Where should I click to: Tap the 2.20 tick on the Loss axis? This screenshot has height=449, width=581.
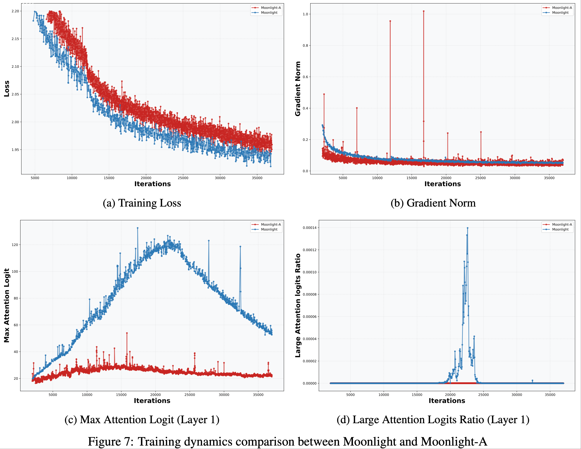(15, 11)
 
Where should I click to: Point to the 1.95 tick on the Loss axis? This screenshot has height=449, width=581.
(15, 150)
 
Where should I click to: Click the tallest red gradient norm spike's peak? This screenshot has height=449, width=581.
(423, 11)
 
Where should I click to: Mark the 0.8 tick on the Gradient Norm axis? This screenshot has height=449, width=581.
(306, 46)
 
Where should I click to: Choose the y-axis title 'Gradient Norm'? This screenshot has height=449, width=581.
(298, 89)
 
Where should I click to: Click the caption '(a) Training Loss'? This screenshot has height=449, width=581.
(142, 203)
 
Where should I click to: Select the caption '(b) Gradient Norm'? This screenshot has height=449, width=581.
(433, 203)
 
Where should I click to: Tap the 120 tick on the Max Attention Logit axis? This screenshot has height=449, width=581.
(15, 245)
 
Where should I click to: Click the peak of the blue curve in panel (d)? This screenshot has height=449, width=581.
(467, 228)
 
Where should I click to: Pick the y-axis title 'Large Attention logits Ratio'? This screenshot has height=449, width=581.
(298, 305)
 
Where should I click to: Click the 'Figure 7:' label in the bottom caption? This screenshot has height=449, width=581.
(111, 442)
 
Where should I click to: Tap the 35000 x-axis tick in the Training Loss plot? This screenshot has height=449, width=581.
(257, 178)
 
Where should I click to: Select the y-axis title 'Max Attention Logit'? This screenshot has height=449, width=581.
(7, 305)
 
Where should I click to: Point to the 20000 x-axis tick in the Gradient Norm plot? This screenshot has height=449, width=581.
(446, 178)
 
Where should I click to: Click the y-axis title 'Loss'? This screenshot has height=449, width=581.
(7, 89)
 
